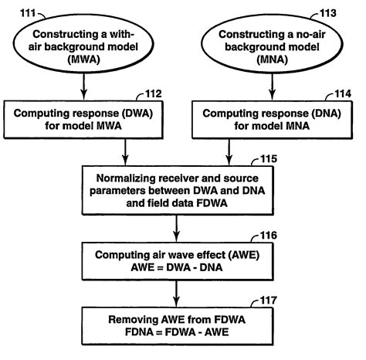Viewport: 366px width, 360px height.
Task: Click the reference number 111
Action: coord(19,8)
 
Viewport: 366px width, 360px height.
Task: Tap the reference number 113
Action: coord(343,9)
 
